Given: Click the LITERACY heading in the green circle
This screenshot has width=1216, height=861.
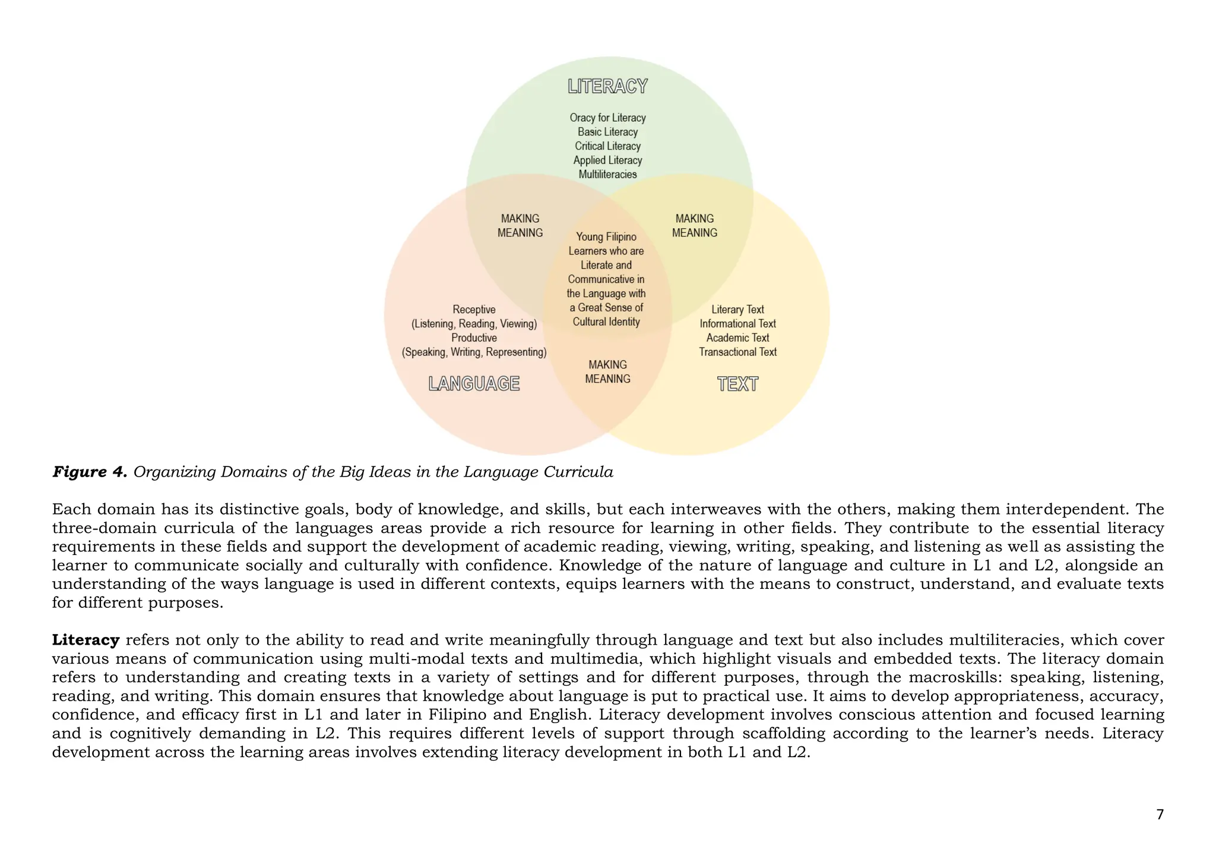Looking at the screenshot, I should coord(607,86).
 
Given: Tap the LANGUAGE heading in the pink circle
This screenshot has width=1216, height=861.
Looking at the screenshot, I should coord(474,384).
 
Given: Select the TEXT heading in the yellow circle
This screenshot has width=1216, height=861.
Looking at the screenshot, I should coord(737,384).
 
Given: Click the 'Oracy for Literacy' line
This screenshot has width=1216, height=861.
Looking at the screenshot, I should coord(607,118).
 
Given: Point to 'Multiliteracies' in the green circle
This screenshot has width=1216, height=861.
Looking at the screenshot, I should coord(607,174).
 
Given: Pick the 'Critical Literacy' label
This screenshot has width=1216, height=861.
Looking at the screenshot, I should coord(607,146).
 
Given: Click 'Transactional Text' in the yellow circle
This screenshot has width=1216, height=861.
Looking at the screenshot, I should coord(737,352).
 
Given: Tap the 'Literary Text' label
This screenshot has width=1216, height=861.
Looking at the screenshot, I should coord(737,310).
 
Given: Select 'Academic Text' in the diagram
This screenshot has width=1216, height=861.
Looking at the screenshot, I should coord(737,338).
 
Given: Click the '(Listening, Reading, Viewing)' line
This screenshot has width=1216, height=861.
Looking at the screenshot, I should coord(474,324).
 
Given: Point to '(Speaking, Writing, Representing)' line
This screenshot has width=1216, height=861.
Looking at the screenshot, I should coord(474,352).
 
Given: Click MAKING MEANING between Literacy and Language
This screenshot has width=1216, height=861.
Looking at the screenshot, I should coord(520,226).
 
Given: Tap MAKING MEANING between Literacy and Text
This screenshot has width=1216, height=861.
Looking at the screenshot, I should coord(695,226).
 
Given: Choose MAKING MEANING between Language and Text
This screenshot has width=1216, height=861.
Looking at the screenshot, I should coord(607,372).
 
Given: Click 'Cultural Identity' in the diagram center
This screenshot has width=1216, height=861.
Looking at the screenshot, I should coord(606,321).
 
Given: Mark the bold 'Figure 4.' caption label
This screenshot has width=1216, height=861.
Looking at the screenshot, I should coord(90,472).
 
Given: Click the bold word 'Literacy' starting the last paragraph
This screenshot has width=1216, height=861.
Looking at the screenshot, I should coord(86,640).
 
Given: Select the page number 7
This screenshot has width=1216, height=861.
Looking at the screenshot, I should coord(1160,814).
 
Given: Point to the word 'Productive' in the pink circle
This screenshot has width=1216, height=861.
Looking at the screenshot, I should coord(474,338).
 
